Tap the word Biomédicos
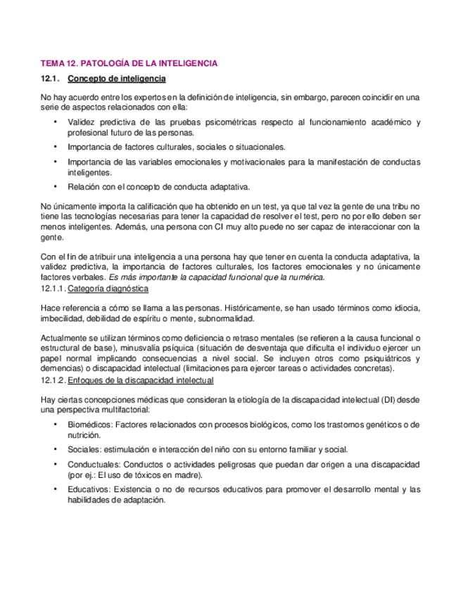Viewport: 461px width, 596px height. tap(89, 425)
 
